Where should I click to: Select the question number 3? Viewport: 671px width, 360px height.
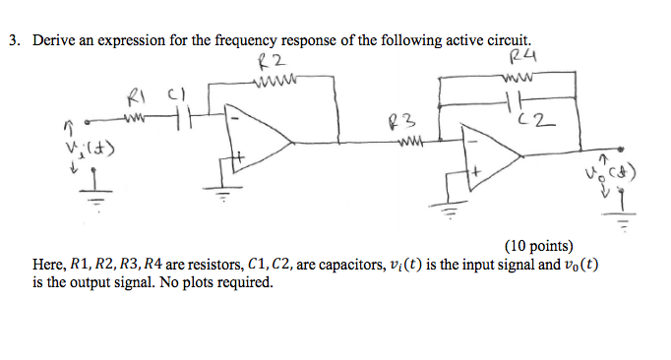pyautogui.click(x=14, y=42)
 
